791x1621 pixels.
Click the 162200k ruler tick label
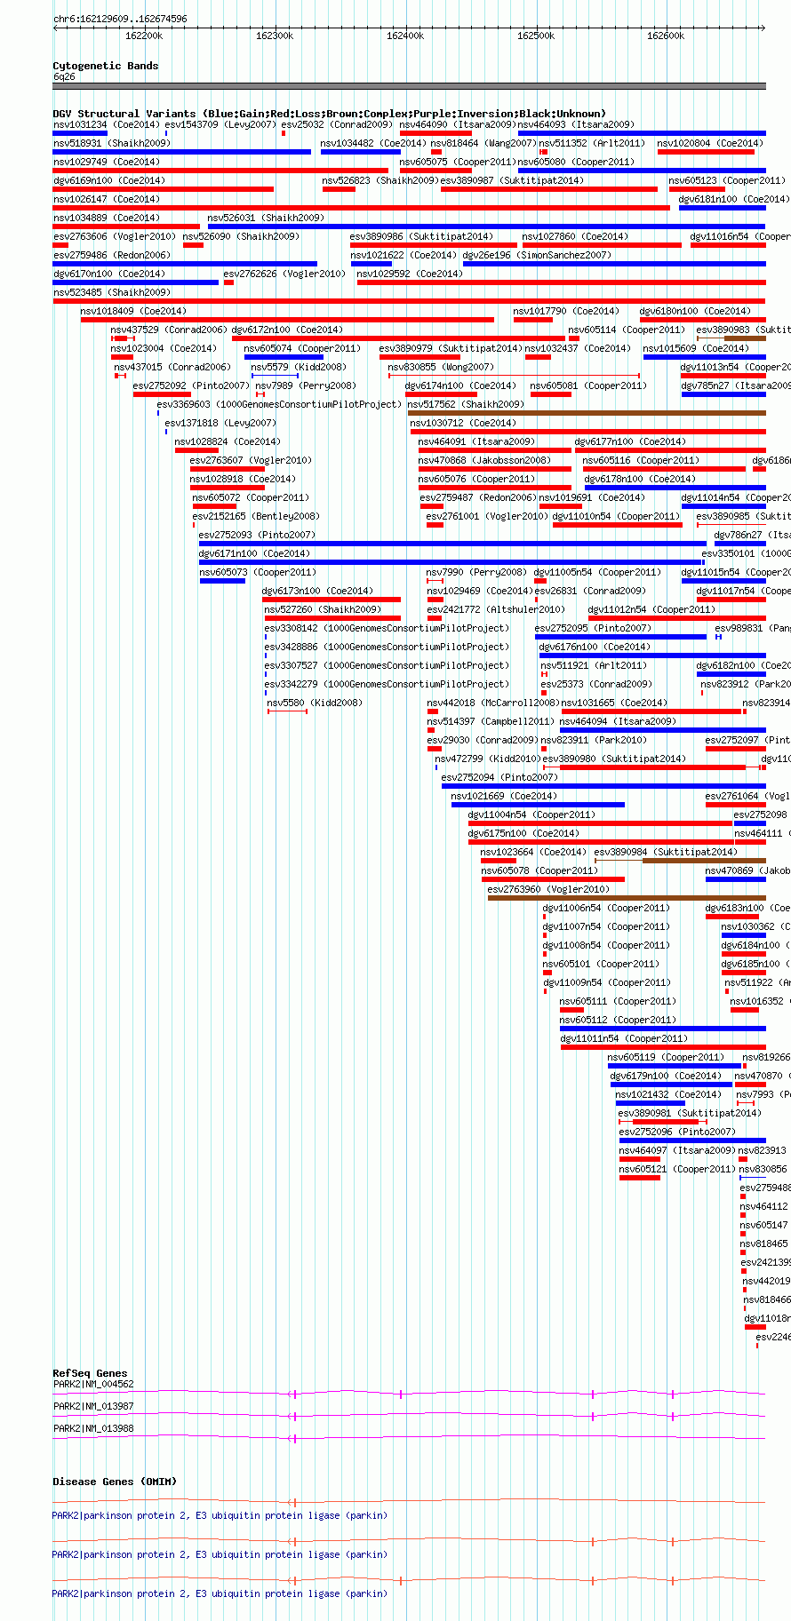tap(144, 36)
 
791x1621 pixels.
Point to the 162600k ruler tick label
tap(666, 36)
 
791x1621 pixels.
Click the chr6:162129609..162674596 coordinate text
tap(120, 19)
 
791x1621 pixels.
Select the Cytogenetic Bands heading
tap(105, 66)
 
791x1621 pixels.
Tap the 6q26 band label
tap(64, 76)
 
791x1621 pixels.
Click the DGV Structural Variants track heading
tap(329, 114)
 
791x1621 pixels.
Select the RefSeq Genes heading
tap(90, 1373)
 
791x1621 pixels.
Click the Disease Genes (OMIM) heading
tap(114, 1482)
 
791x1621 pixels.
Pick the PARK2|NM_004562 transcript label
tap(93, 1384)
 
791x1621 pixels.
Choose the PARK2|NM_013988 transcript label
tap(93, 1428)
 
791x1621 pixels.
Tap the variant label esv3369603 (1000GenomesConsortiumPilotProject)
tap(279, 404)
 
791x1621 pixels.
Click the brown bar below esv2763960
tap(626, 898)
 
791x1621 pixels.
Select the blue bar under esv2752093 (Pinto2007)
tap(452, 544)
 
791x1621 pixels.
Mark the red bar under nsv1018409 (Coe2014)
tap(287, 320)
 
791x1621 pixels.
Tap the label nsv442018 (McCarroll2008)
tap(492, 703)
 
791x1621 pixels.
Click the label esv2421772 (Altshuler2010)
tap(495, 609)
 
